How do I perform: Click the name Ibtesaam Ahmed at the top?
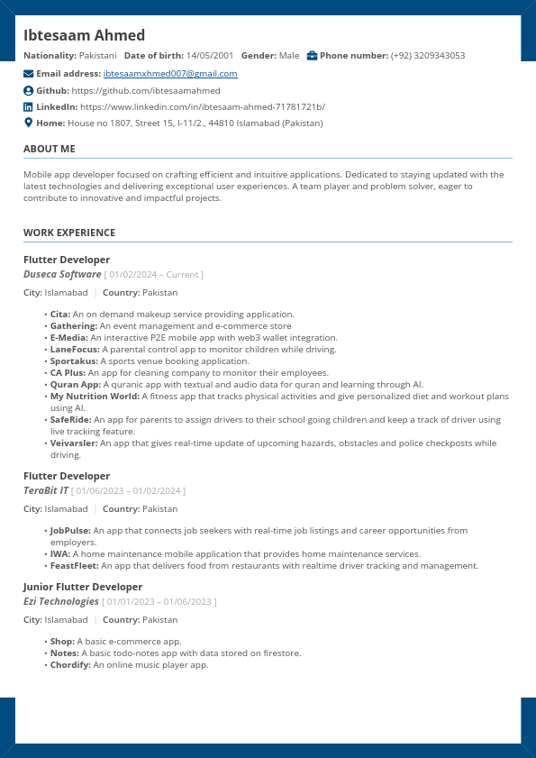click(x=84, y=35)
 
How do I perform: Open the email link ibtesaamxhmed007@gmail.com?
click(x=170, y=74)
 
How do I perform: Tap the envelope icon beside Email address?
click(x=28, y=74)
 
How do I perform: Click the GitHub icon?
click(x=28, y=91)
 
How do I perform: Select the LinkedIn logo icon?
click(x=28, y=107)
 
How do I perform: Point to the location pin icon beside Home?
click(x=28, y=123)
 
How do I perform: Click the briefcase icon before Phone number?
click(x=312, y=56)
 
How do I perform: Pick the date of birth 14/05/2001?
click(x=210, y=56)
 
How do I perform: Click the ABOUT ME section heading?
click(x=50, y=149)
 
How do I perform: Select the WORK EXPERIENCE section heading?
click(x=69, y=233)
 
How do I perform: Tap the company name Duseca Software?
click(x=62, y=274)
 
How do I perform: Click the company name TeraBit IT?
click(x=46, y=490)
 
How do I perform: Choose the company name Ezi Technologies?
click(x=61, y=601)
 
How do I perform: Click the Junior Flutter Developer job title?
click(x=83, y=587)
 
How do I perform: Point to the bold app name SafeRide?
click(x=70, y=420)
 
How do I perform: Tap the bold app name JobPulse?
click(x=70, y=531)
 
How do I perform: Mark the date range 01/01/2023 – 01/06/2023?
click(x=159, y=602)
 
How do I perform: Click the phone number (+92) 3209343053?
click(x=428, y=56)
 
